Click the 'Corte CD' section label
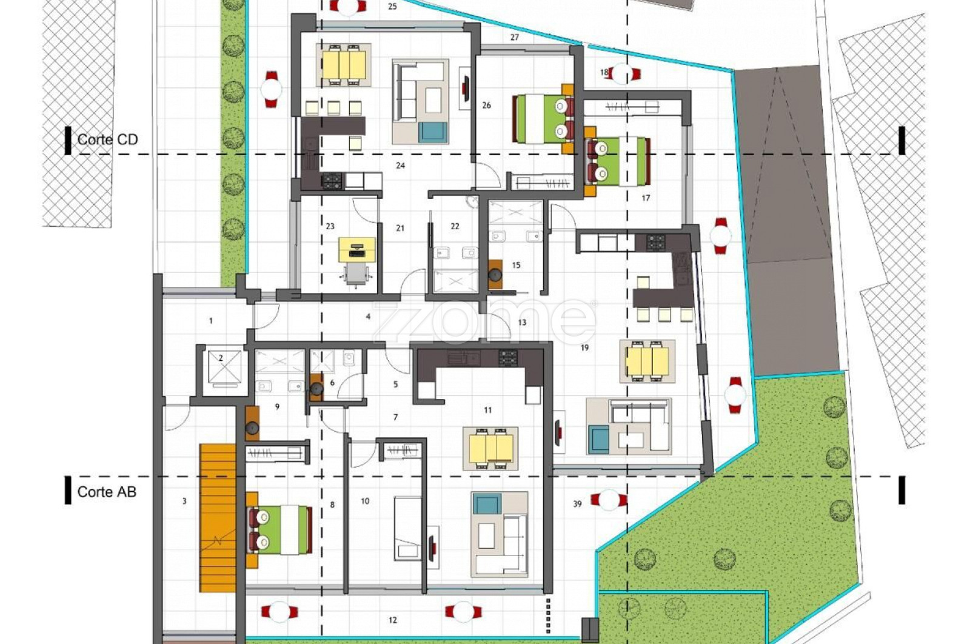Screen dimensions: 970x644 click(x=107, y=139)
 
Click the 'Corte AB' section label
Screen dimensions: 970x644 click(x=107, y=492)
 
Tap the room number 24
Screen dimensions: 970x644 click(x=400, y=166)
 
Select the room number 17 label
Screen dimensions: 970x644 click(x=646, y=198)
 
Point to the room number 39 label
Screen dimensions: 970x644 click(x=577, y=504)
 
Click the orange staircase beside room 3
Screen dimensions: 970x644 click(x=218, y=518)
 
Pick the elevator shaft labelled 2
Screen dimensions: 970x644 click(x=224, y=368)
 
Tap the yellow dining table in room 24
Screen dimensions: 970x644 click(x=344, y=65)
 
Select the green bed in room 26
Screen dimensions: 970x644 click(x=543, y=119)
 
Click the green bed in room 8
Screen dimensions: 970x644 click(x=279, y=530)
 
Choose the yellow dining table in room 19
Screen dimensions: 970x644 click(x=647, y=361)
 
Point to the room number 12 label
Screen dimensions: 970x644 click(x=393, y=620)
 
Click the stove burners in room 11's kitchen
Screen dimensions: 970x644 click(x=508, y=358)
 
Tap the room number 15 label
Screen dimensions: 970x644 click(x=516, y=265)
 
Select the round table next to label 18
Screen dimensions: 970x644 click(x=622, y=73)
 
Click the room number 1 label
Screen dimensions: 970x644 click(x=211, y=321)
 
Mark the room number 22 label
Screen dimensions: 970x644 click(x=455, y=226)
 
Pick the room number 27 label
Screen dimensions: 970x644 click(x=515, y=37)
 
